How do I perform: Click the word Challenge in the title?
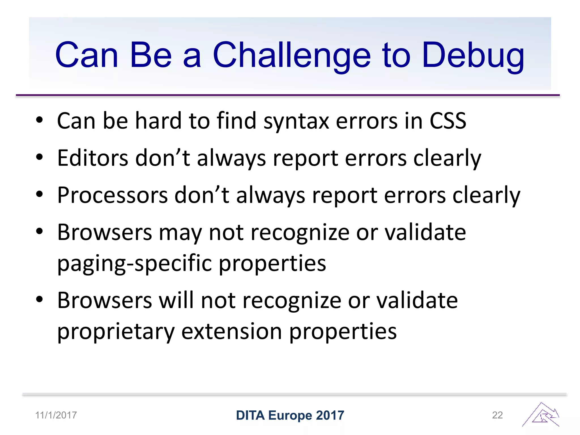click(291, 55)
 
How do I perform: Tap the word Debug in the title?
click(473, 55)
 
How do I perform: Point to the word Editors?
click(92, 158)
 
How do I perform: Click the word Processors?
click(112, 195)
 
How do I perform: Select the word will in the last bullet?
click(176, 300)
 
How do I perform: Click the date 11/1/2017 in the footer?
click(56, 415)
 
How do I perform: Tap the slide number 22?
click(497, 415)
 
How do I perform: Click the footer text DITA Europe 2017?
click(290, 415)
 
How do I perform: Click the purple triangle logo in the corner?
click(541, 415)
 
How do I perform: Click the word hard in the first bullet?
click(158, 121)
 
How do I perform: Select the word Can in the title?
click(86, 55)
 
